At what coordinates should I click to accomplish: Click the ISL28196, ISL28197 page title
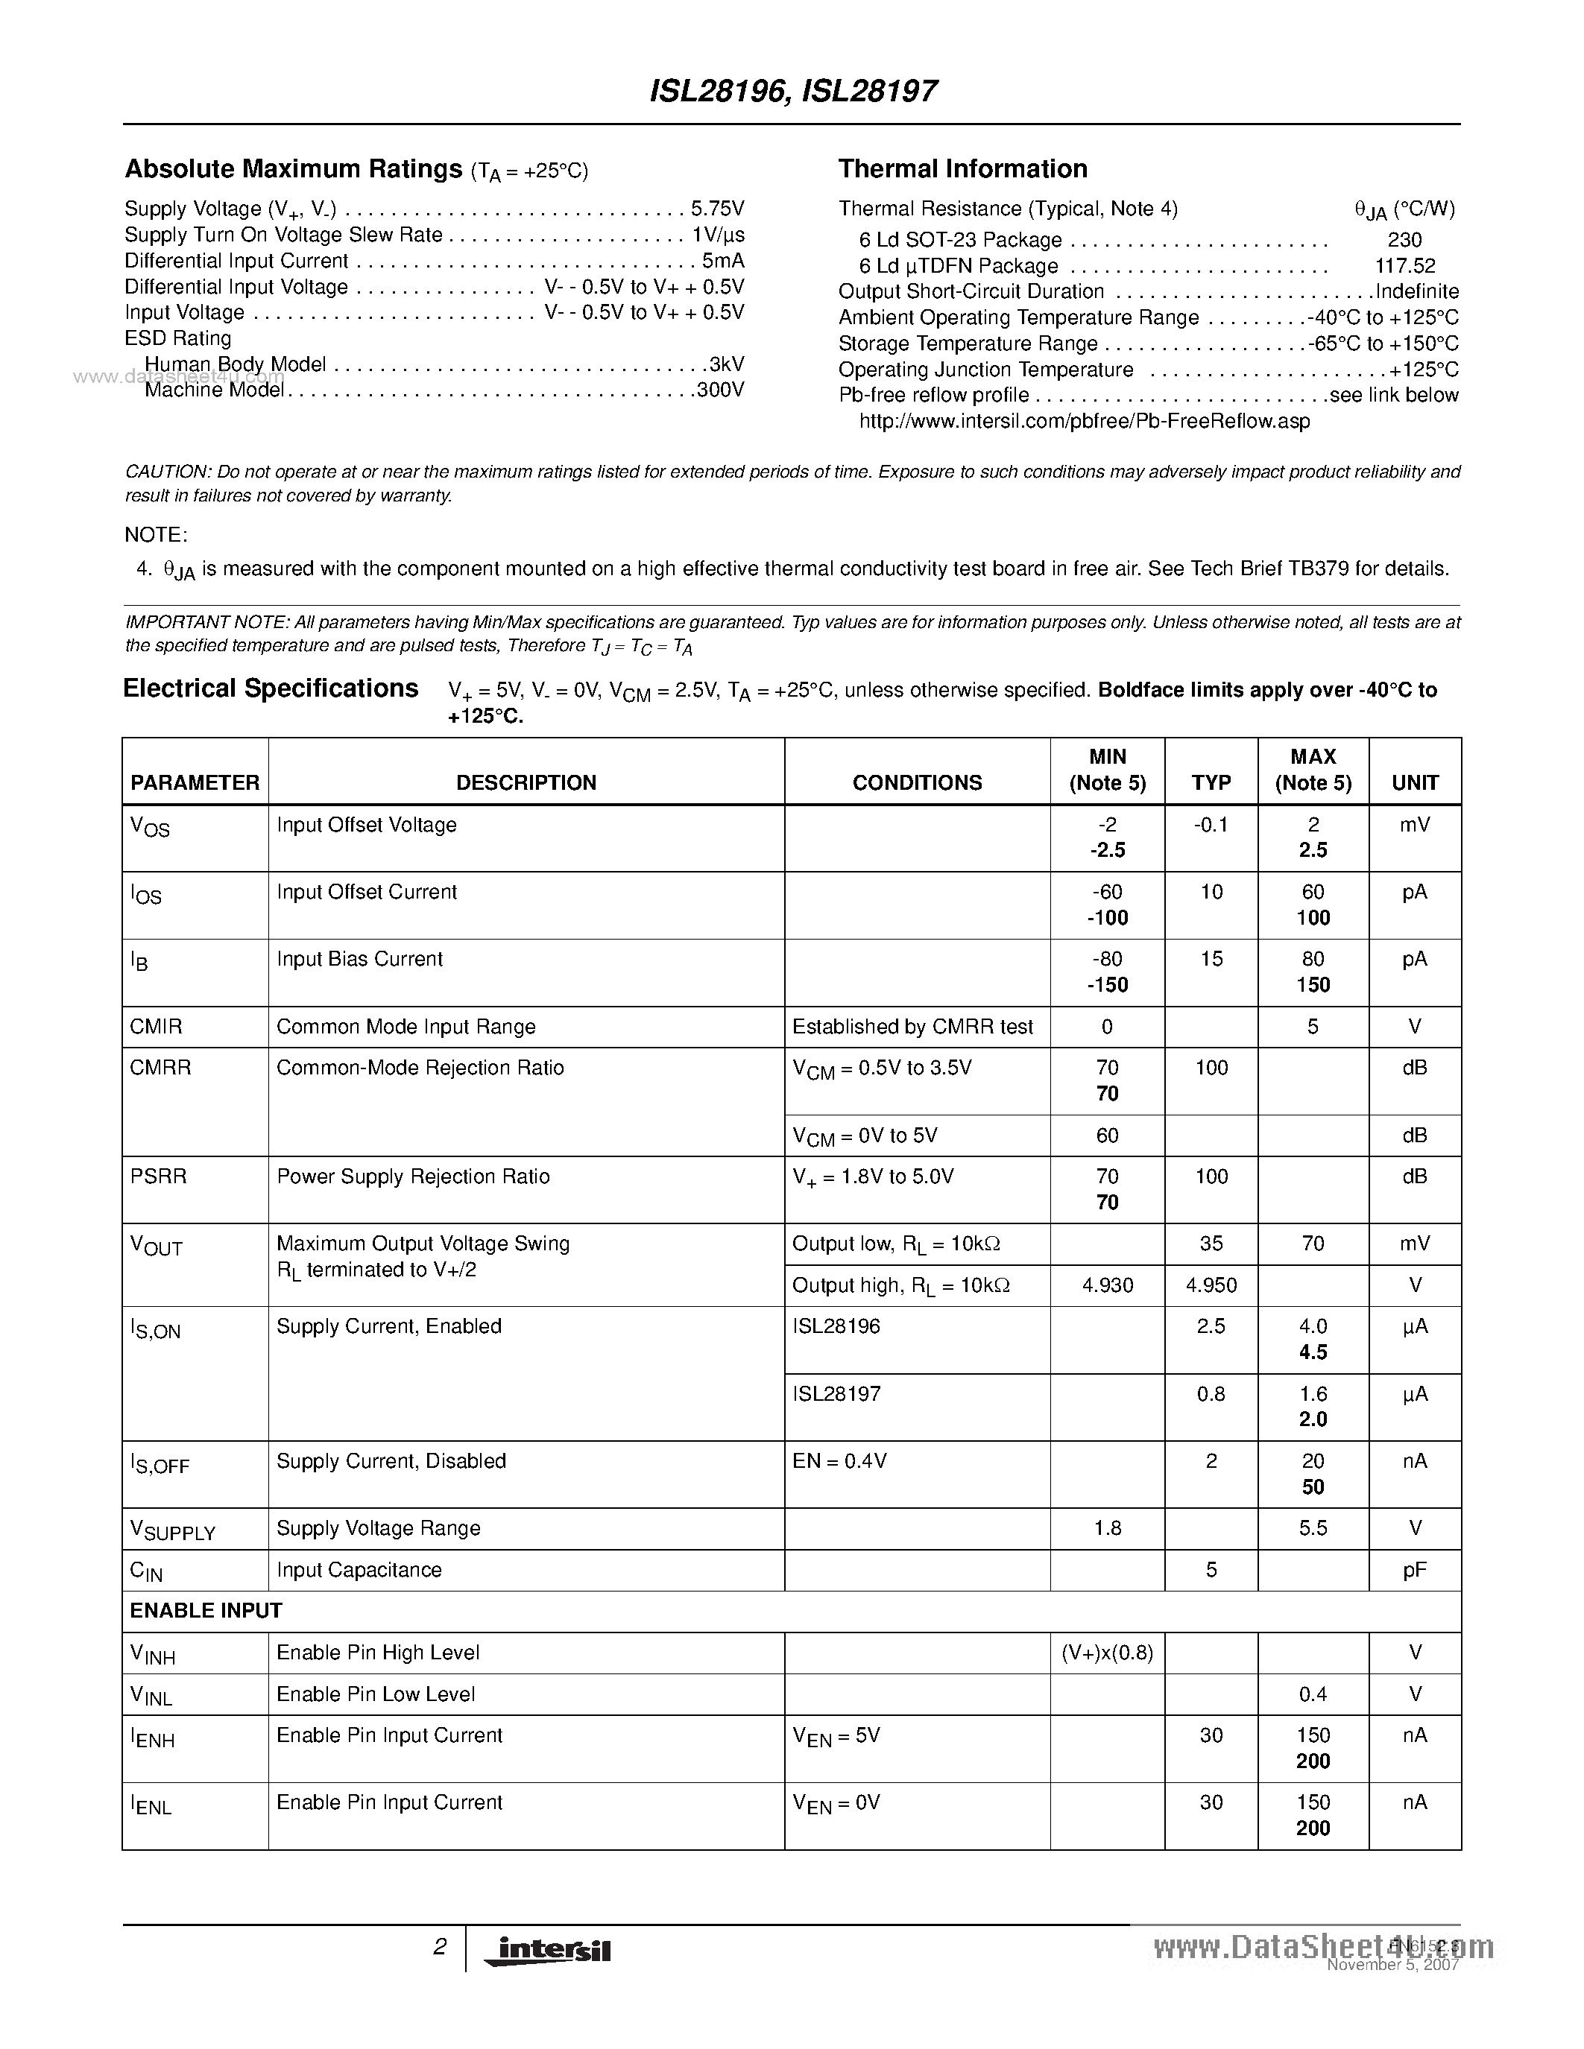click(x=793, y=91)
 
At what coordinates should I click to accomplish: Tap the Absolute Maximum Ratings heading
click(x=293, y=169)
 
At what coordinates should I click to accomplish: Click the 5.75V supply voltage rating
click(x=717, y=209)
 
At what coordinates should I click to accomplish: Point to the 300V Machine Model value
click(x=720, y=390)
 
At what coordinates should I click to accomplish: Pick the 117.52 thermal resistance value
click(x=1405, y=267)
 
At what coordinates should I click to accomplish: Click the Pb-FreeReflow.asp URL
click(x=1084, y=421)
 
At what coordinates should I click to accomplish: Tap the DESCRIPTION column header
click(x=526, y=782)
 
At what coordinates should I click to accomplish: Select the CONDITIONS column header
click(x=917, y=782)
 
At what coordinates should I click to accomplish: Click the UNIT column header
click(x=1414, y=782)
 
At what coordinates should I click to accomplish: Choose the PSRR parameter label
click(x=159, y=1176)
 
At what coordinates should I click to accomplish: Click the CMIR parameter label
click(x=156, y=1027)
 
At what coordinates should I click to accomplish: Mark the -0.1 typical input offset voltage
click(x=1211, y=825)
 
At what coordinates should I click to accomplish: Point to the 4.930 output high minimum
click(x=1107, y=1285)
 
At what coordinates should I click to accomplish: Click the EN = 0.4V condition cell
click(x=840, y=1461)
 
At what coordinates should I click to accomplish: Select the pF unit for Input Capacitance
click(x=1414, y=1570)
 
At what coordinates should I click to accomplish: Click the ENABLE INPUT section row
click(x=206, y=1610)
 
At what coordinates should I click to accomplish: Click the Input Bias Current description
click(x=359, y=959)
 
